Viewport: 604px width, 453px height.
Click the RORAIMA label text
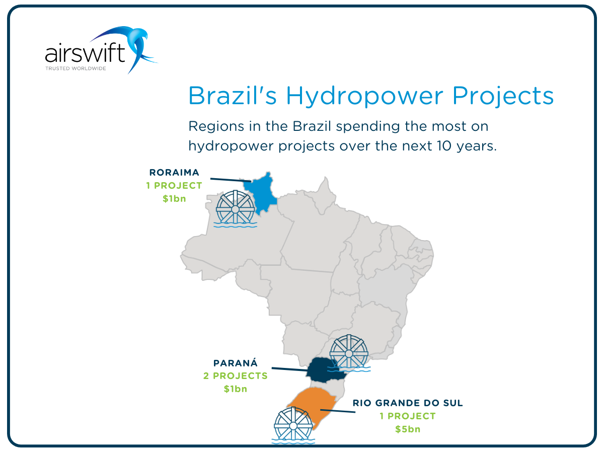click(174, 173)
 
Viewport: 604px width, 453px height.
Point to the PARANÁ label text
click(235, 363)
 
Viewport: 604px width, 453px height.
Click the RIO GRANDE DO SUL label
click(407, 403)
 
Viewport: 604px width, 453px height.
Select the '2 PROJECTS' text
click(235, 376)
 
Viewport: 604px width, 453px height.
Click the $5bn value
click(407, 429)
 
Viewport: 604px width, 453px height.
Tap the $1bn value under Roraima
click(174, 199)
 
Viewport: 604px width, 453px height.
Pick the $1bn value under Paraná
click(235, 389)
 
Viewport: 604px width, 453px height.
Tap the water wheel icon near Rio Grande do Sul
click(293, 425)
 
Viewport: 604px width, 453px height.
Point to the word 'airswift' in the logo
click(85, 53)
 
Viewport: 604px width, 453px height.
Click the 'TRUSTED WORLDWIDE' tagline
click(75, 67)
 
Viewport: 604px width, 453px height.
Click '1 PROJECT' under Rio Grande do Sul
click(407, 416)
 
